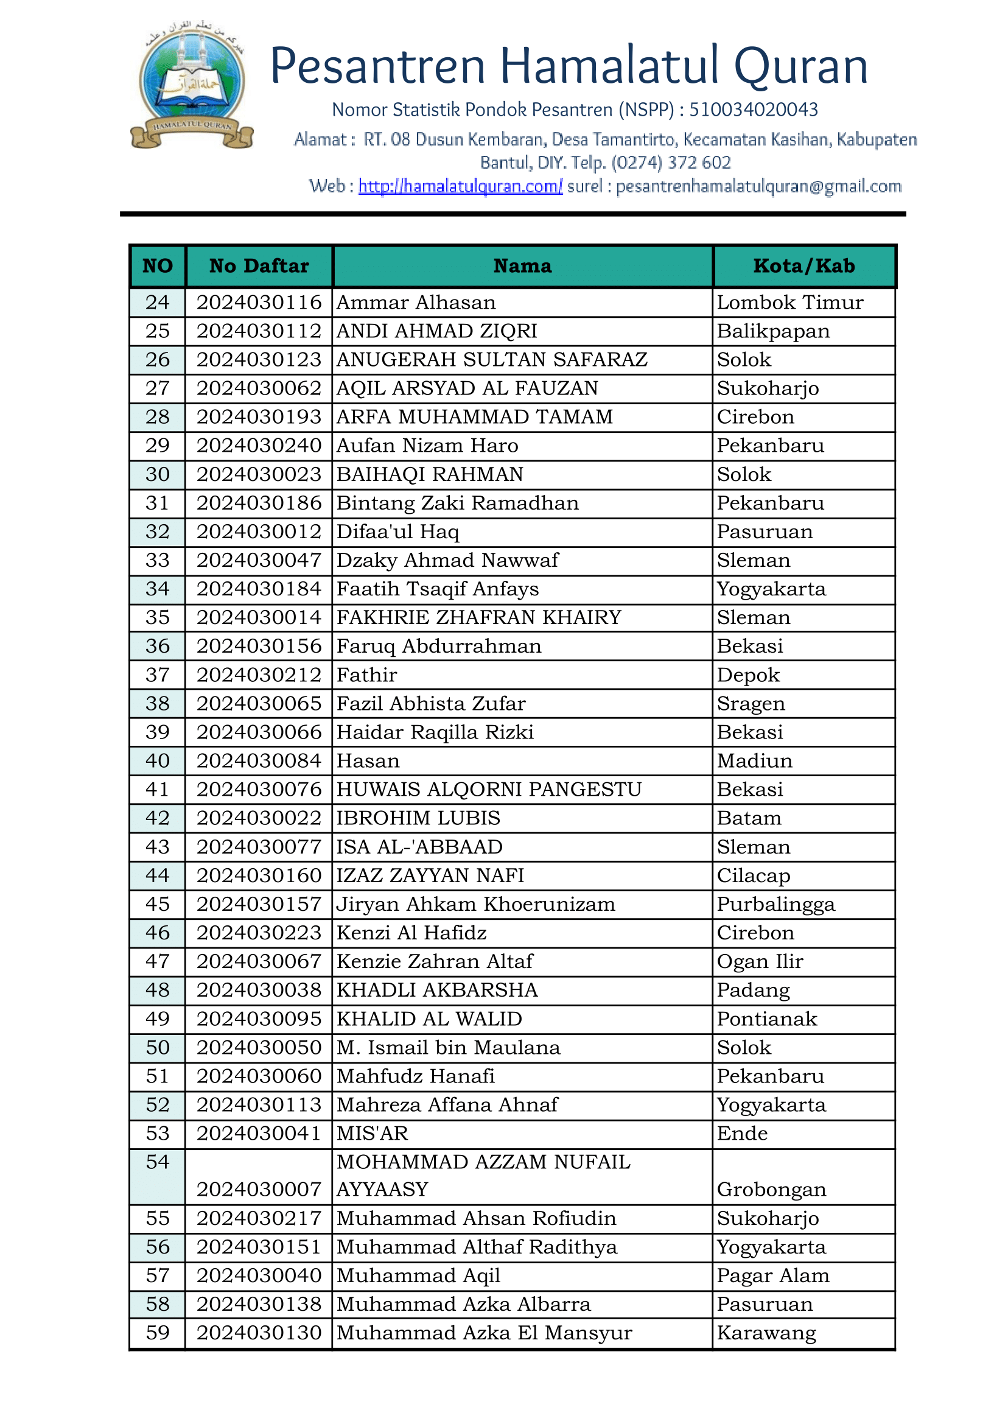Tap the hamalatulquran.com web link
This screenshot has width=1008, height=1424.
click(460, 186)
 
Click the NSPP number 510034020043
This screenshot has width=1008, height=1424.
click(753, 110)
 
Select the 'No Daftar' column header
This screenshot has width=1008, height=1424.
click(259, 266)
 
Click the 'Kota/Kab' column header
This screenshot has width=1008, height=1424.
click(804, 266)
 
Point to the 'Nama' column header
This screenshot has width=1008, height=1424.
click(522, 266)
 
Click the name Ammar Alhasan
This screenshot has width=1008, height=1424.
click(416, 303)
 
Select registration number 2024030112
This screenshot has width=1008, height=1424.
click(259, 331)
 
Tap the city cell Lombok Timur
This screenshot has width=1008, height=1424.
click(789, 303)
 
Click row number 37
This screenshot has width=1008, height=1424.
click(157, 675)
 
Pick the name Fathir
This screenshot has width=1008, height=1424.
click(366, 675)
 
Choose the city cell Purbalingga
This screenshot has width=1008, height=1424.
click(776, 905)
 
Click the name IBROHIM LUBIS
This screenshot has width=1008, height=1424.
click(418, 818)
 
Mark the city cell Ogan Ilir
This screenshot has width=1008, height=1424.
click(760, 961)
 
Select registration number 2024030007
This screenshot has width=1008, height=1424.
click(259, 1190)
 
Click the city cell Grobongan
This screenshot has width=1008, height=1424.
click(771, 1190)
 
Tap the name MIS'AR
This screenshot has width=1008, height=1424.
click(372, 1134)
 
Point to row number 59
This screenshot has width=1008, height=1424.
click(157, 1333)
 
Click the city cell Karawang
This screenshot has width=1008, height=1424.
click(766, 1333)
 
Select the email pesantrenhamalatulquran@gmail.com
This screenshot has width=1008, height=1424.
click(758, 186)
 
